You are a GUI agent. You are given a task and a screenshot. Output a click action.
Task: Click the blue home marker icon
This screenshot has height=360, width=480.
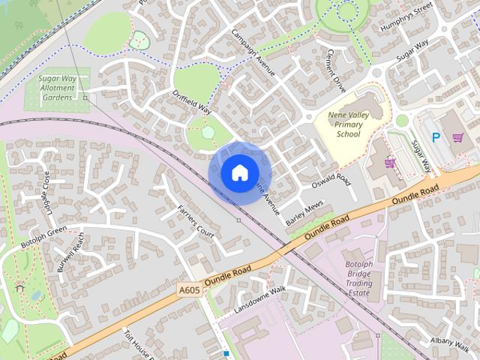[239, 172]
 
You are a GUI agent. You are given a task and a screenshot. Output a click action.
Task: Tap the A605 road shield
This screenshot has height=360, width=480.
[189, 289]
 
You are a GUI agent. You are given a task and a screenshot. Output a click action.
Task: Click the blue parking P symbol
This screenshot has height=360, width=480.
[436, 137]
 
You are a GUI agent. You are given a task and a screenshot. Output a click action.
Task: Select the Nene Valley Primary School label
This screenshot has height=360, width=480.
[349, 124]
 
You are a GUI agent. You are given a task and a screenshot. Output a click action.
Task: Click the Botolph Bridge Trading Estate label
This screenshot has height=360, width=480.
[358, 279]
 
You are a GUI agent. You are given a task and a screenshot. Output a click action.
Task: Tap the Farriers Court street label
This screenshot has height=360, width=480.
[195, 221]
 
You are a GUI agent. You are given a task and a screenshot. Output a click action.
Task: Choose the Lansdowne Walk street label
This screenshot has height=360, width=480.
[260, 299]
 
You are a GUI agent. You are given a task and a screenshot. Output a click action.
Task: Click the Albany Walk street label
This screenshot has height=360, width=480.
[450, 342]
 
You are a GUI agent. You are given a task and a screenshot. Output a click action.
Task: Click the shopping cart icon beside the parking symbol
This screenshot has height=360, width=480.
[457, 137]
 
